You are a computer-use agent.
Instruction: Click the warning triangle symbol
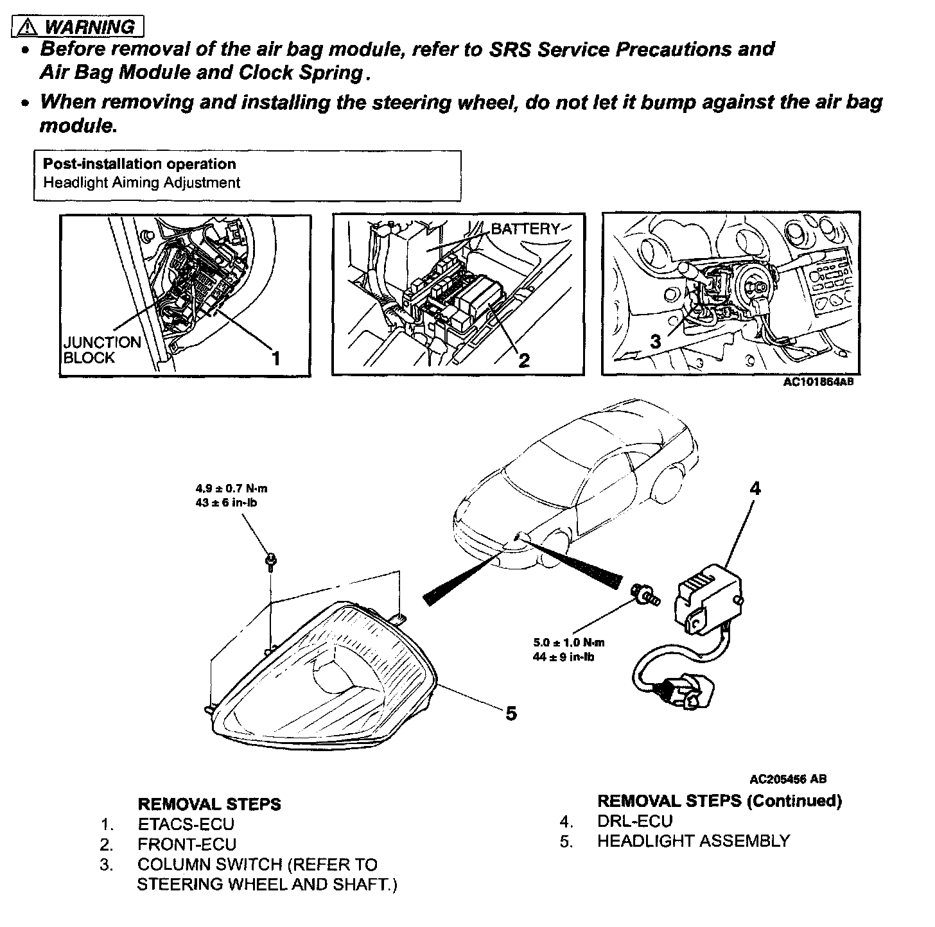(28, 27)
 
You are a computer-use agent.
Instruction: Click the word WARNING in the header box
(90, 27)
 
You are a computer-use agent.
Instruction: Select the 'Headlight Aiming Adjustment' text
(141, 182)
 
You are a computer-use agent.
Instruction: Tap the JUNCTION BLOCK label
(101, 350)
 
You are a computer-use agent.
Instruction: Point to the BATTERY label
(525, 229)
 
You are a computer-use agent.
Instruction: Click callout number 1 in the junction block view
(275, 358)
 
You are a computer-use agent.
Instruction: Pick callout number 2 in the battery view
(524, 360)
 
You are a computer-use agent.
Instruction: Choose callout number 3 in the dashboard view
(655, 342)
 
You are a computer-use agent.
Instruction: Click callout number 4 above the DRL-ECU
(755, 489)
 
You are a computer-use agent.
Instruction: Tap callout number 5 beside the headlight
(511, 713)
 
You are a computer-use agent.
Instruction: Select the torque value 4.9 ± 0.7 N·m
(231, 489)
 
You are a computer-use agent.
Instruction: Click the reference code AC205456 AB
(789, 779)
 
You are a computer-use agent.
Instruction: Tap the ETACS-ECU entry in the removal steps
(186, 824)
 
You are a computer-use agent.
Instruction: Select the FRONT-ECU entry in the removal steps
(187, 844)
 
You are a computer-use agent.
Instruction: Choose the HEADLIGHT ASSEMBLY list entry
(693, 841)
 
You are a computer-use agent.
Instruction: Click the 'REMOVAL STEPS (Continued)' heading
(719, 801)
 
